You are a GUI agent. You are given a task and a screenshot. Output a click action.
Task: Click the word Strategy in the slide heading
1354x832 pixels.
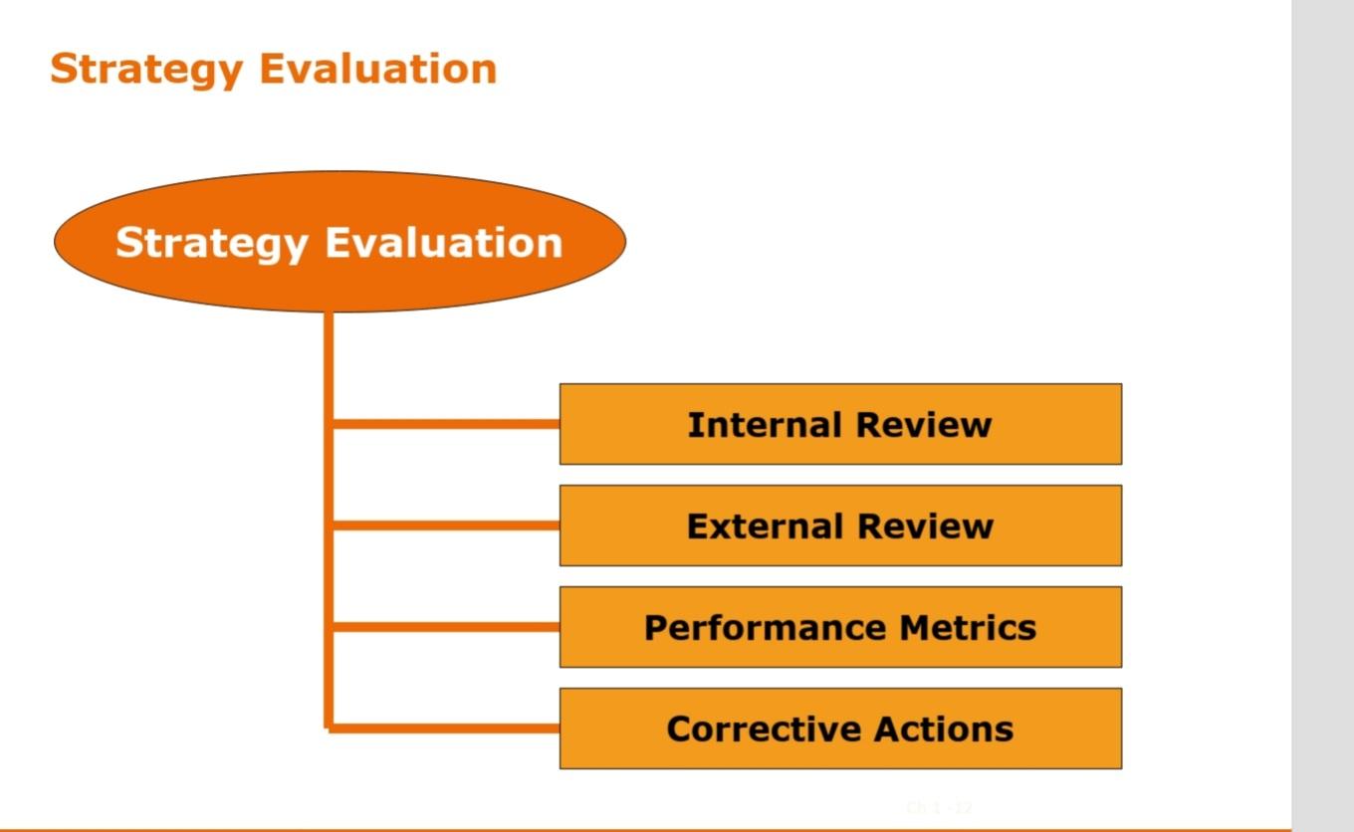click(x=146, y=70)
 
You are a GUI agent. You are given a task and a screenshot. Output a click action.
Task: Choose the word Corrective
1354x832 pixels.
click(x=748, y=729)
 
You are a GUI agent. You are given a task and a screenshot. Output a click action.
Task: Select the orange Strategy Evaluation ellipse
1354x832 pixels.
click(x=339, y=284)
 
